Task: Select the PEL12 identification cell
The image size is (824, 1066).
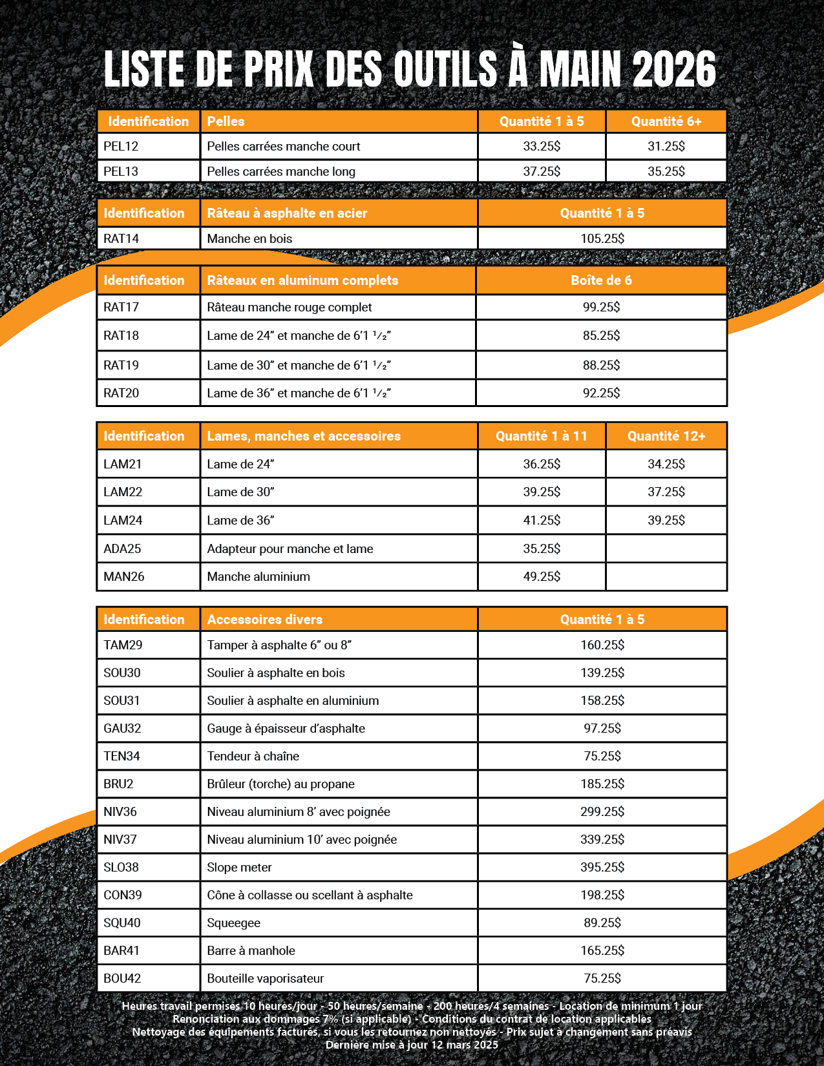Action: pyautogui.click(x=121, y=147)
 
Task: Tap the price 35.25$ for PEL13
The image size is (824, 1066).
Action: pyautogui.click(x=666, y=171)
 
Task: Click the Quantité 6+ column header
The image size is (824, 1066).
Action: pyautogui.click(x=666, y=121)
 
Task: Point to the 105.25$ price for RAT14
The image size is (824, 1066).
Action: pyautogui.click(x=602, y=238)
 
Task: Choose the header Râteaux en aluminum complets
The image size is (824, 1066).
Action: pyautogui.click(x=302, y=280)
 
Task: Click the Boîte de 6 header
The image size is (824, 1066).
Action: pyautogui.click(x=601, y=280)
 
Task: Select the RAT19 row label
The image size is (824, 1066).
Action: pyautogui.click(x=121, y=365)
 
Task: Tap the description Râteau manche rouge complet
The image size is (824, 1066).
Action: pyautogui.click(x=290, y=308)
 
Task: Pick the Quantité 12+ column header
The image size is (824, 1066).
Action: pyautogui.click(x=666, y=436)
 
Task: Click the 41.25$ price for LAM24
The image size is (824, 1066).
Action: pyautogui.click(x=542, y=520)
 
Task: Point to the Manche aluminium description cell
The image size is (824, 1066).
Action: pyautogui.click(x=259, y=576)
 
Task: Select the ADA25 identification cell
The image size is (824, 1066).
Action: pyautogui.click(x=122, y=549)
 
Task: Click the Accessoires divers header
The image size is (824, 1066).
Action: pyautogui.click(x=265, y=620)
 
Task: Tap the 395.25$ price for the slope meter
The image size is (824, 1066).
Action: pyautogui.click(x=602, y=867)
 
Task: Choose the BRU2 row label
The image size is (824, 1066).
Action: pyautogui.click(x=118, y=784)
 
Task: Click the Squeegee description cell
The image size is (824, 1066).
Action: pyautogui.click(x=234, y=923)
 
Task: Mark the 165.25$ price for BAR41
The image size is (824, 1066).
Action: pyautogui.click(x=602, y=950)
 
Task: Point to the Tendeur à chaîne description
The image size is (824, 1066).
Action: pyautogui.click(x=253, y=756)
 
